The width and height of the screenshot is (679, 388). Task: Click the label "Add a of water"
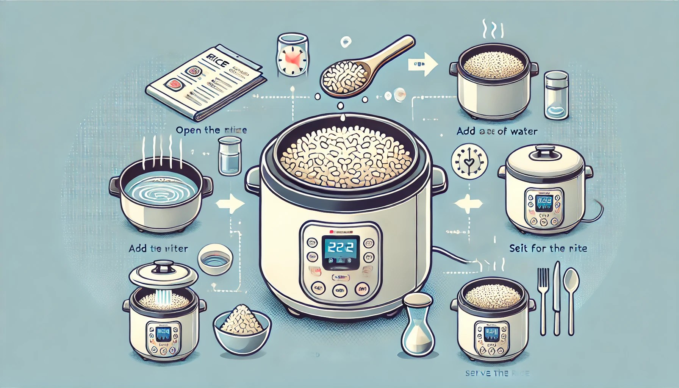pyautogui.click(x=497, y=131)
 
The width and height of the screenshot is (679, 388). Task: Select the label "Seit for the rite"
pyautogui.click(x=548, y=249)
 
